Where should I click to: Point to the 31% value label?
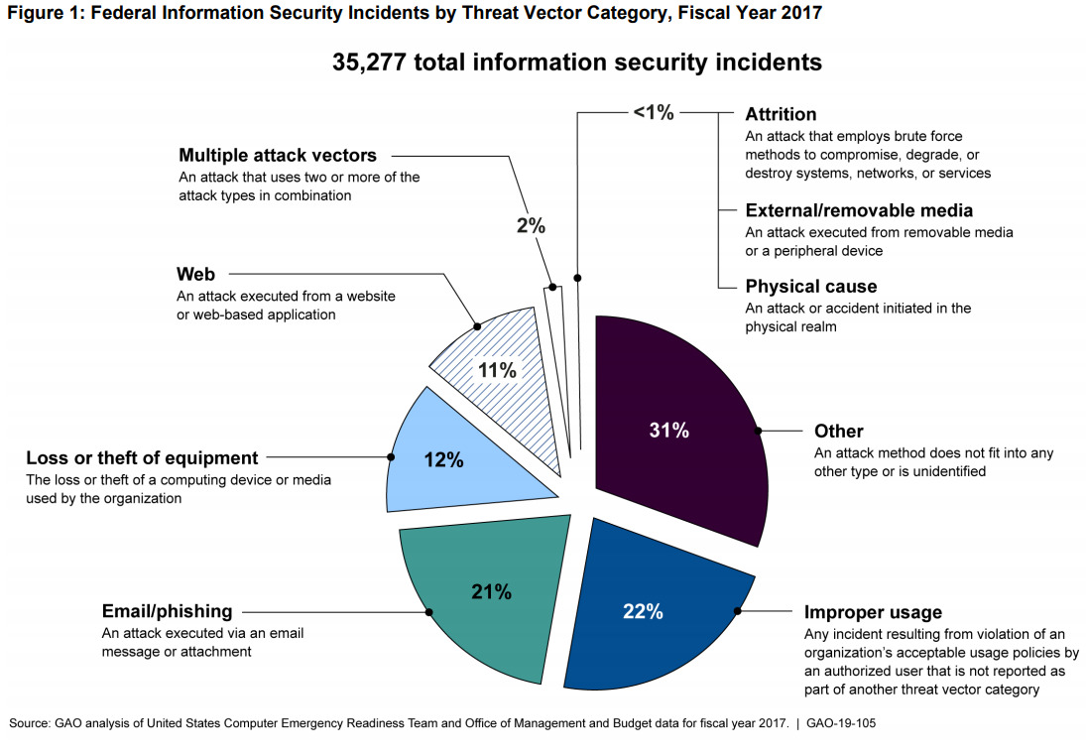tap(668, 431)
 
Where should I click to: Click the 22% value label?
tap(643, 612)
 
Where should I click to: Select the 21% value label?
tap(491, 592)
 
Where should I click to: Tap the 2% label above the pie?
tap(531, 225)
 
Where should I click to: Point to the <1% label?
tap(653, 113)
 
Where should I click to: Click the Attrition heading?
tap(781, 115)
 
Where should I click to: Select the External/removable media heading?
tap(859, 210)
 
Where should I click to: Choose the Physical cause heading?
tap(811, 287)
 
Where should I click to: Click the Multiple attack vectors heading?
tap(278, 156)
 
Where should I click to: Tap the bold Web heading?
tap(195, 274)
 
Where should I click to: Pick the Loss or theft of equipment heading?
tap(142, 458)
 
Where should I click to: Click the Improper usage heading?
tap(873, 612)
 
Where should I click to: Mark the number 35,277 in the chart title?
tap(369, 63)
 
